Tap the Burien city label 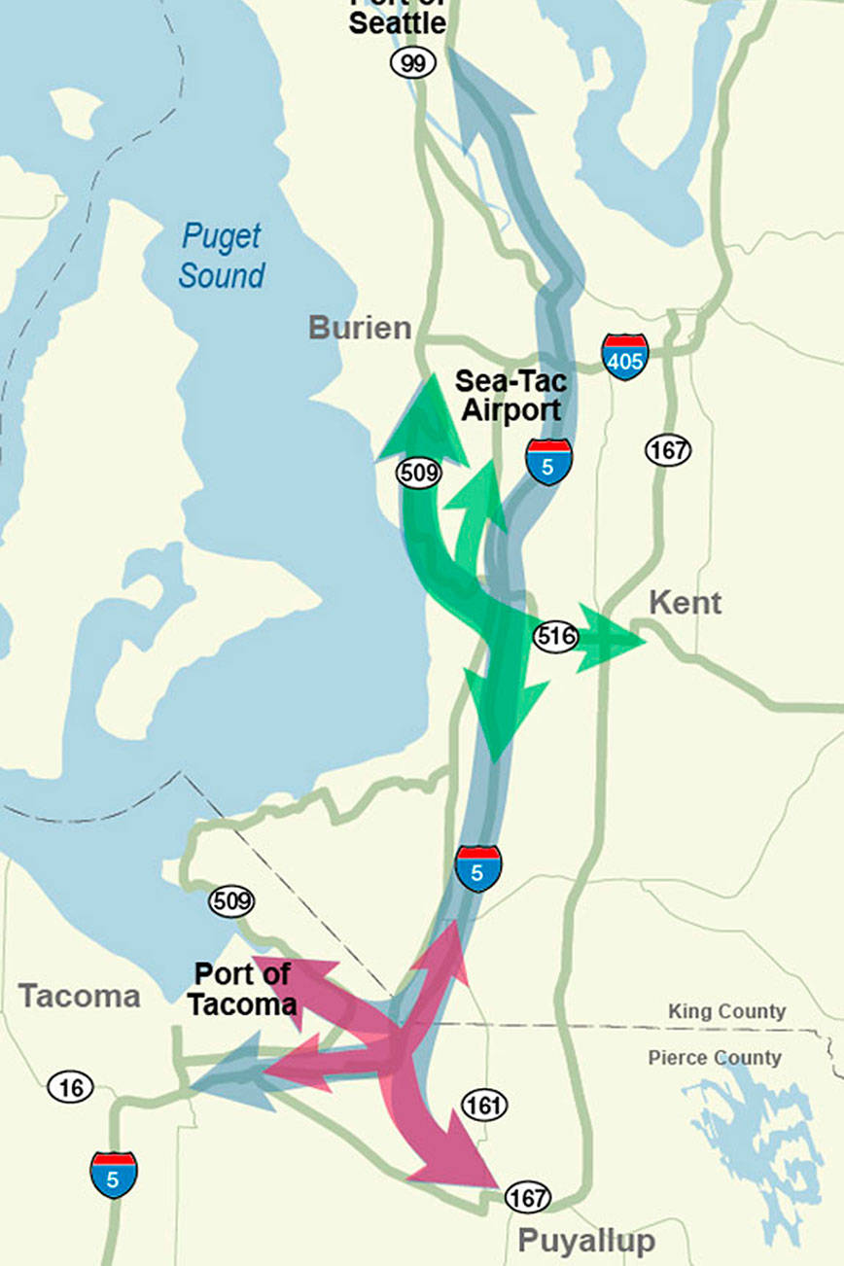(360, 328)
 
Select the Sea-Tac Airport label (510, 395)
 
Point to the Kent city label (685, 603)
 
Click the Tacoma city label (80, 996)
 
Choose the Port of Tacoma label (242, 989)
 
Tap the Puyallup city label (585, 1241)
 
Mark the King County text (726, 1011)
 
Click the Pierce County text (714, 1058)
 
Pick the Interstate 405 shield (624, 356)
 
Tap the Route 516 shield (555, 637)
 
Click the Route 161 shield (484, 1105)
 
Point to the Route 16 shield (71, 1086)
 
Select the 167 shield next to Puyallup (528, 1198)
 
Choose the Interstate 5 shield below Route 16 (114, 1175)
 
